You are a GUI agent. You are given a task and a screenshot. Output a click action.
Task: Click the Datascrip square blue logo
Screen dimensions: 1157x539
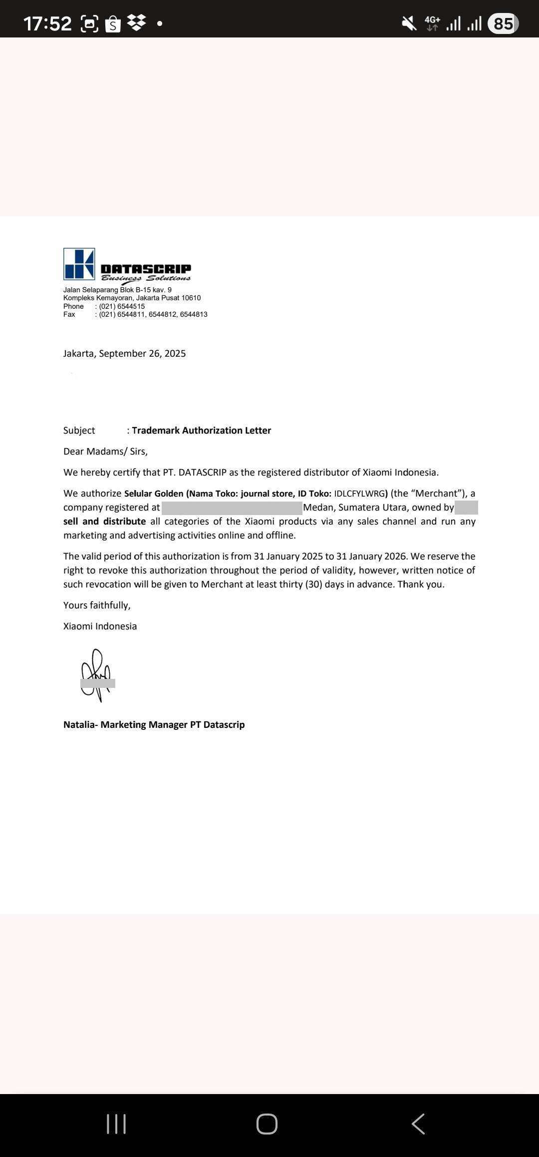pos(79,264)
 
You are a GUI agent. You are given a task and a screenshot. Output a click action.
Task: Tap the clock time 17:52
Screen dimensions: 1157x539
pos(47,23)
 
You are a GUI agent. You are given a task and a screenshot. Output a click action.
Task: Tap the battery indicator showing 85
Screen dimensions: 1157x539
pos(503,23)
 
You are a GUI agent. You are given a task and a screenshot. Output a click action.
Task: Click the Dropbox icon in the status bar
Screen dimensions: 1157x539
pos(137,22)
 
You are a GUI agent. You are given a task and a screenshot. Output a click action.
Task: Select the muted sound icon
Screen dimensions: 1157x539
pos(409,23)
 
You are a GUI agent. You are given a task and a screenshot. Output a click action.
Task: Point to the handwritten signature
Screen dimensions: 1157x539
pos(97,674)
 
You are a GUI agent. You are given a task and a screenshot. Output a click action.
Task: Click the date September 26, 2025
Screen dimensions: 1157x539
pos(142,354)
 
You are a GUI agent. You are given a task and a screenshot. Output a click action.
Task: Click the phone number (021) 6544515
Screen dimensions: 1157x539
pos(122,306)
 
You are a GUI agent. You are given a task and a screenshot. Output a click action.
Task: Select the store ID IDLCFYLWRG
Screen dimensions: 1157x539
pos(359,494)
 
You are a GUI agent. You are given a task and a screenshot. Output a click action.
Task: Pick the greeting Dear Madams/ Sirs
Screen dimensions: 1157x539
pos(105,452)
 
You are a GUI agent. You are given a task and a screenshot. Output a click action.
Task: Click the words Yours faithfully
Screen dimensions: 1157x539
pos(97,605)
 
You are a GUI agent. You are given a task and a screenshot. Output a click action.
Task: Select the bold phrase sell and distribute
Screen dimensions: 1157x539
pos(104,522)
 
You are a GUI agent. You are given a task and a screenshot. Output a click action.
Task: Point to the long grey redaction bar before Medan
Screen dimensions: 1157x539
pos(232,508)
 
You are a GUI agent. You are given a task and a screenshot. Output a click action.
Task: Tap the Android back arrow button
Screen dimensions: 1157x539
pos(418,1124)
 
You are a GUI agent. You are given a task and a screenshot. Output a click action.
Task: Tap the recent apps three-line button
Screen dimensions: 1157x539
pos(116,1124)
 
